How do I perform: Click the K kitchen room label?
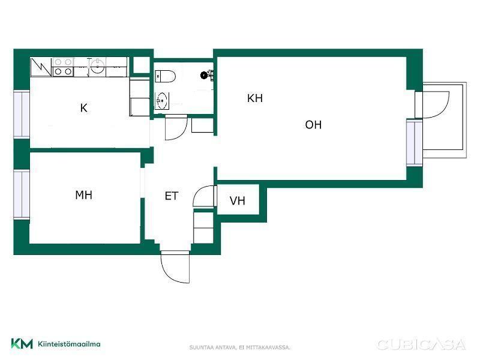83,108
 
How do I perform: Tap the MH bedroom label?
83,195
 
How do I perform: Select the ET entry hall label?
172,196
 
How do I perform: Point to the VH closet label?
237,201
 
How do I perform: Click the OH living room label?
313,125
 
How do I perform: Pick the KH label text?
254,98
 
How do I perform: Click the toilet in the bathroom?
166,76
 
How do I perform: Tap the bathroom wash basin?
162,100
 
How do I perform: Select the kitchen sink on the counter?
97,65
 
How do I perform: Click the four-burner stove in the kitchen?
64,67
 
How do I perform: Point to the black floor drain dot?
203,75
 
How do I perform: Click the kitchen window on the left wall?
22,114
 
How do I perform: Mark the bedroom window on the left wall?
22,194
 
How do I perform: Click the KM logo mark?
22,343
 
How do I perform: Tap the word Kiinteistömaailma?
69,344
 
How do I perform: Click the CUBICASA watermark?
421,344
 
